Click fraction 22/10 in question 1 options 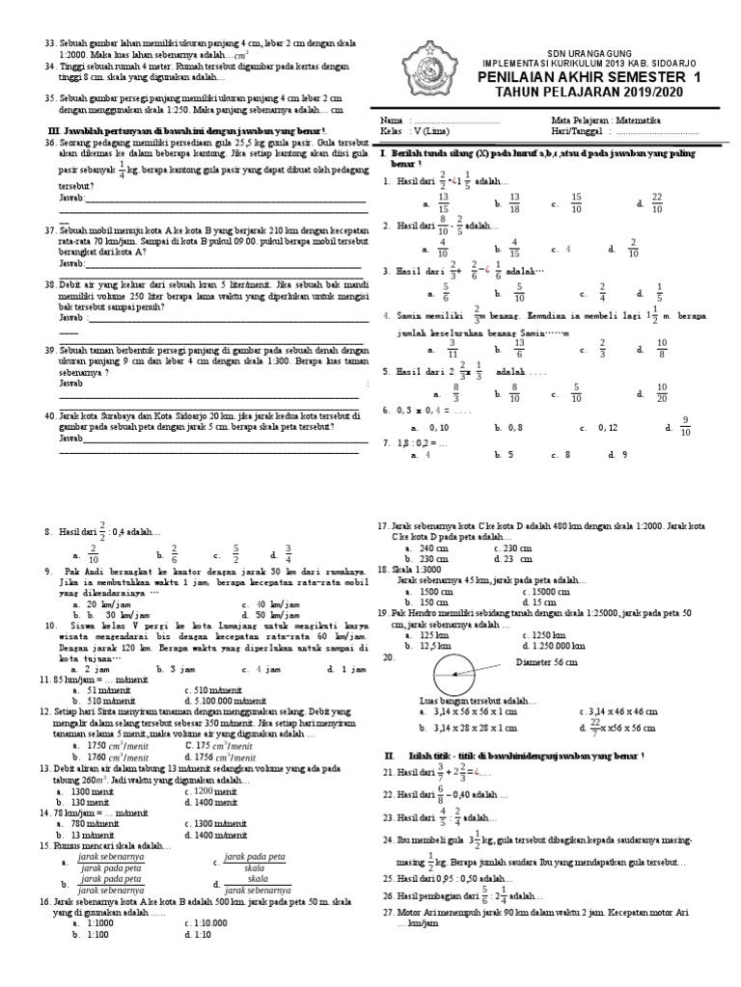(x=656, y=202)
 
